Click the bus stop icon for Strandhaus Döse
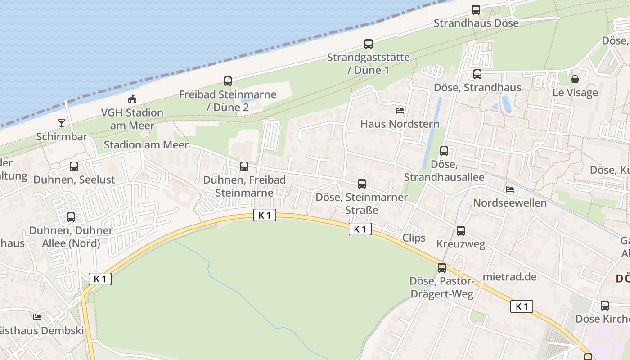click(x=476, y=10)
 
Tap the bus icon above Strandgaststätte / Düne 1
click(x=369, y=44)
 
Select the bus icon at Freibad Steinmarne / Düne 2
click(x=228, y=81)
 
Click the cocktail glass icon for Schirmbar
click(x=62, y=123)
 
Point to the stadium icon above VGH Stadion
click(x=132, y=99)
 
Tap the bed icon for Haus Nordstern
click(x=400, y=110)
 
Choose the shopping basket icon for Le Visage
click(x=575, y=79)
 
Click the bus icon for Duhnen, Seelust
click(x=74, y=166)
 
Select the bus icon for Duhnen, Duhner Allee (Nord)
click(x=71, y=217)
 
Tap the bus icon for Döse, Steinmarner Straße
click(x=362, y=184)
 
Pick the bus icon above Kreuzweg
click(x=461, y=231)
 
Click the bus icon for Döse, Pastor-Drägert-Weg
click(x=442, y=268)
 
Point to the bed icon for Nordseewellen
click(x=510, y=189)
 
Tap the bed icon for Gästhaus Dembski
click(x=37, y=317)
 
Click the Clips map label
click(x=414, y=238)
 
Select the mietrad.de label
click(x=509, y=277)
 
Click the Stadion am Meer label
click(x=146, y=145)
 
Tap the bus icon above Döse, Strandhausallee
click(x=444, y=151)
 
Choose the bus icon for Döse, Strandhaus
click(x=477, y=74)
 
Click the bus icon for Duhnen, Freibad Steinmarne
click(x=244, y=166)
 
